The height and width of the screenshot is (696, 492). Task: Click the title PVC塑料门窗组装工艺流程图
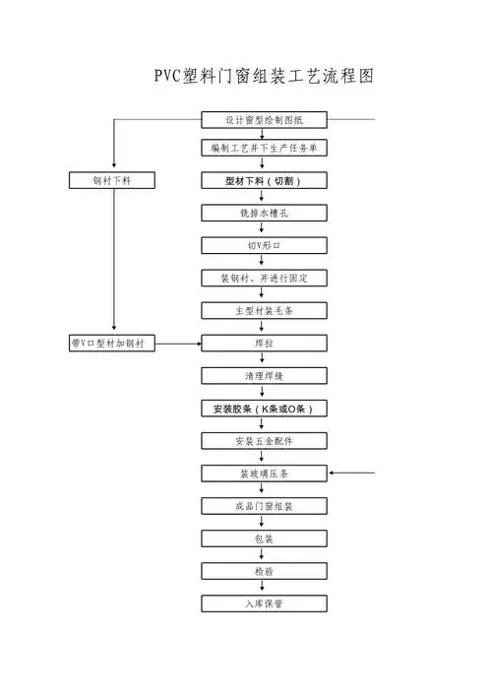coord(264,76)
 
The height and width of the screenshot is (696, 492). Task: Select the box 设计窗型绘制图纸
coord(263,120)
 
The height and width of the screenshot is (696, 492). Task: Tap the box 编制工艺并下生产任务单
coord(263,149)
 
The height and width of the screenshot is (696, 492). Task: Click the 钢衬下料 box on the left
coord(114,181)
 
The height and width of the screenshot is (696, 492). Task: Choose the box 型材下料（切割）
coord(263,181)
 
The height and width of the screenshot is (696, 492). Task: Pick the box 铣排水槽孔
coord(263,213)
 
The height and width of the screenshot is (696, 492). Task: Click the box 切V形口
coord(263,245)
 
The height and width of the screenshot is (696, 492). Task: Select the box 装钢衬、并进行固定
coord(263,278)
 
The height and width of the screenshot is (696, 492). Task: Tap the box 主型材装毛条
coord(263,310)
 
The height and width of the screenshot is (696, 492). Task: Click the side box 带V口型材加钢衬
coord(114,343)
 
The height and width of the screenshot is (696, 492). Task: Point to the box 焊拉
coord(263,343)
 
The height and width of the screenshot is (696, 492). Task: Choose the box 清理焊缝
coord(263,375)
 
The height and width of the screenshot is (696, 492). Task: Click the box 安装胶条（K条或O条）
coord(263,408)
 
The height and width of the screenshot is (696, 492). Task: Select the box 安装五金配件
coord(263,440)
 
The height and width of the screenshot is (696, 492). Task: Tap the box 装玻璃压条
coord(263,474)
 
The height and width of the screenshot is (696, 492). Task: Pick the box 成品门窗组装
coord(263,506)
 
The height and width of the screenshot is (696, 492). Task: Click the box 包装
coord(263,538)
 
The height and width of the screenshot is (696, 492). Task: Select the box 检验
coord(263,571)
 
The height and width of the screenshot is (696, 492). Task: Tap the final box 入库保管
coord(263,602)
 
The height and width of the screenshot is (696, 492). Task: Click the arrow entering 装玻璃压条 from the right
coord(352,474)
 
